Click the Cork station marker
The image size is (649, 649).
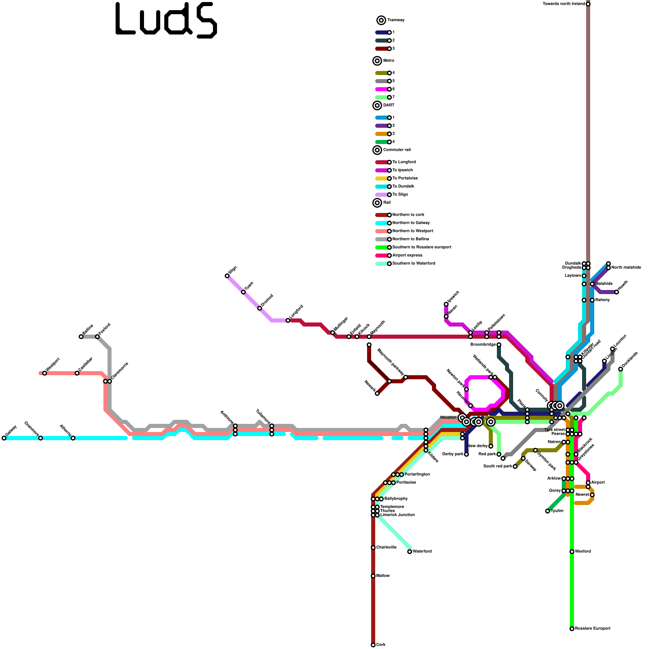[373, 645]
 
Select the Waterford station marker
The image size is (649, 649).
[410, 552]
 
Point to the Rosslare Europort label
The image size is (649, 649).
[593, 629]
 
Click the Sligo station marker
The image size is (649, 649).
[227, 276]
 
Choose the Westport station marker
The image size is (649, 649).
[45, 373]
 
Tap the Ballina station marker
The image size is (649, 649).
[81, 337]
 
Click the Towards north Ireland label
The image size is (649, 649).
[564, 4]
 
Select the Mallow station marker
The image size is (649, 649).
[373, 576]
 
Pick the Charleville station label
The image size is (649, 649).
[386, 548]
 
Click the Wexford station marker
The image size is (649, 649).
[572, 552]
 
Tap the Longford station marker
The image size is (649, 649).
[288, 320]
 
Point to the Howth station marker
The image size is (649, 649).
[617, 292]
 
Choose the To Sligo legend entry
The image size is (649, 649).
[400, 195]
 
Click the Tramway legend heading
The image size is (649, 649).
[396, 20]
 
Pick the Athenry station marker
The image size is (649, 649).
[73, 438]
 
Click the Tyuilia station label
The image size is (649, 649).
[557, 511]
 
